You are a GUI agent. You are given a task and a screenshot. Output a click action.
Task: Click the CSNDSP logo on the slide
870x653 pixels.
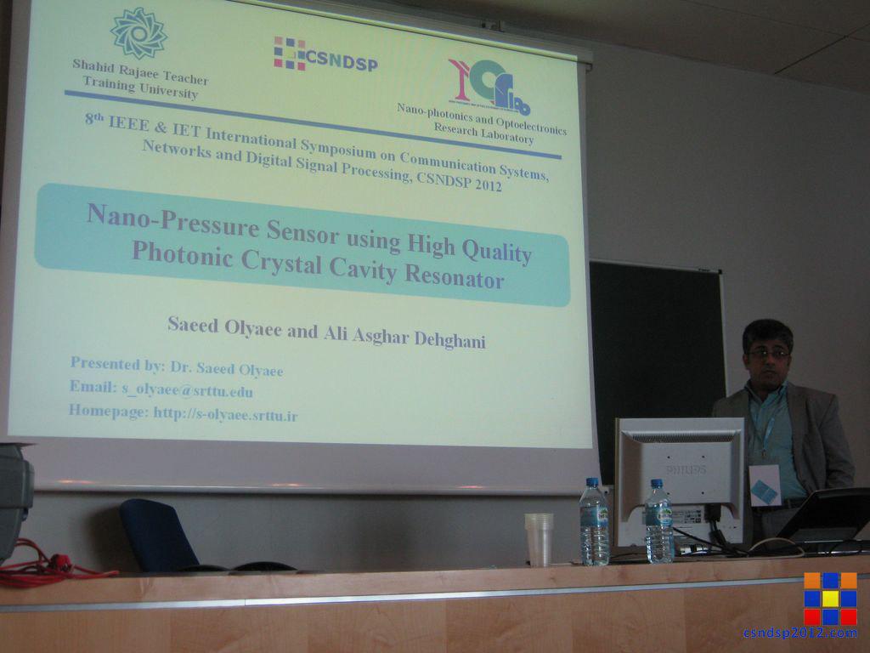325,55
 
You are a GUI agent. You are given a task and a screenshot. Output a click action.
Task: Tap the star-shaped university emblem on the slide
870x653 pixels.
138,33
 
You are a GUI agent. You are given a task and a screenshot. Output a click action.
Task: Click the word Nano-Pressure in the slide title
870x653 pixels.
173,220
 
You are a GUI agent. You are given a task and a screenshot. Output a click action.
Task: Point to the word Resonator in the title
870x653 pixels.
455,276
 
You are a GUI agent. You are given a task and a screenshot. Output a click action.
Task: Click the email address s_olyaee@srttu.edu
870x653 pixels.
187,389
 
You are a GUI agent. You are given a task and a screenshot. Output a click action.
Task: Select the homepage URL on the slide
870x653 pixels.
225,414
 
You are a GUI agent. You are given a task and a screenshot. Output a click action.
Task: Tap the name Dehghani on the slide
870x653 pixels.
450,338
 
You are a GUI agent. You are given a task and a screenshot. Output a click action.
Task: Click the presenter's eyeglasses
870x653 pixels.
768,353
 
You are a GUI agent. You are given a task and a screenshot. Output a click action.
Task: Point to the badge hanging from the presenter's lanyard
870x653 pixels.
765,485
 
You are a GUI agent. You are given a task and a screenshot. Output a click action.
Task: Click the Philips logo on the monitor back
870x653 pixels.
686,469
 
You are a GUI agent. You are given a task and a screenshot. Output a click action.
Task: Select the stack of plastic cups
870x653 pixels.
539,540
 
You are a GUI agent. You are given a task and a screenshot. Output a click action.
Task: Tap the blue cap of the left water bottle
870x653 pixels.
592,483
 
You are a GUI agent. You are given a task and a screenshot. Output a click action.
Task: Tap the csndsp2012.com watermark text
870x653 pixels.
800,633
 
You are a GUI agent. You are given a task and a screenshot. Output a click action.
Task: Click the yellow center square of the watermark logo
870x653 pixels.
831,599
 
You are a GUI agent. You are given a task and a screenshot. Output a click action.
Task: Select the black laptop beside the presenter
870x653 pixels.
827,516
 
